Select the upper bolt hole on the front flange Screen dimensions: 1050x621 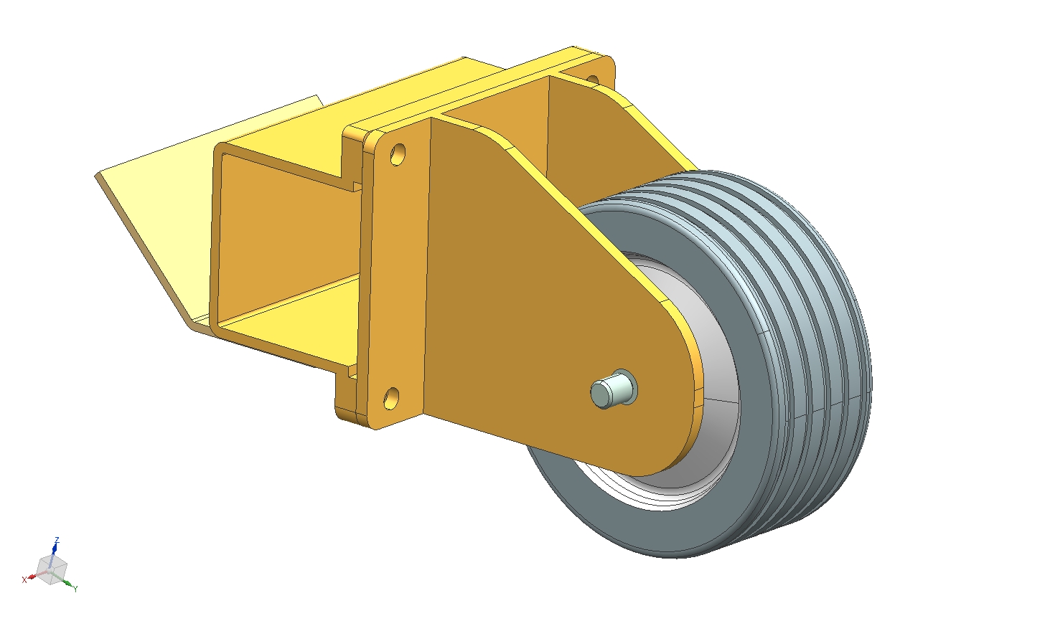click(x=398, y=154)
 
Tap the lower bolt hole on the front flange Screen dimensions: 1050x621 click(x=391, y=398)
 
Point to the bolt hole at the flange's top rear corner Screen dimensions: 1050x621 click(x=593, y=80)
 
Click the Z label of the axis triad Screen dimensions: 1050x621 click(x=57, y=539)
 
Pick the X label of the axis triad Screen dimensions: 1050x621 click(x=24, y=580)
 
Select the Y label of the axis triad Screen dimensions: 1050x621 click(x=75, y=589)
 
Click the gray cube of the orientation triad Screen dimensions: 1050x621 click(x=52, y=569)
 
